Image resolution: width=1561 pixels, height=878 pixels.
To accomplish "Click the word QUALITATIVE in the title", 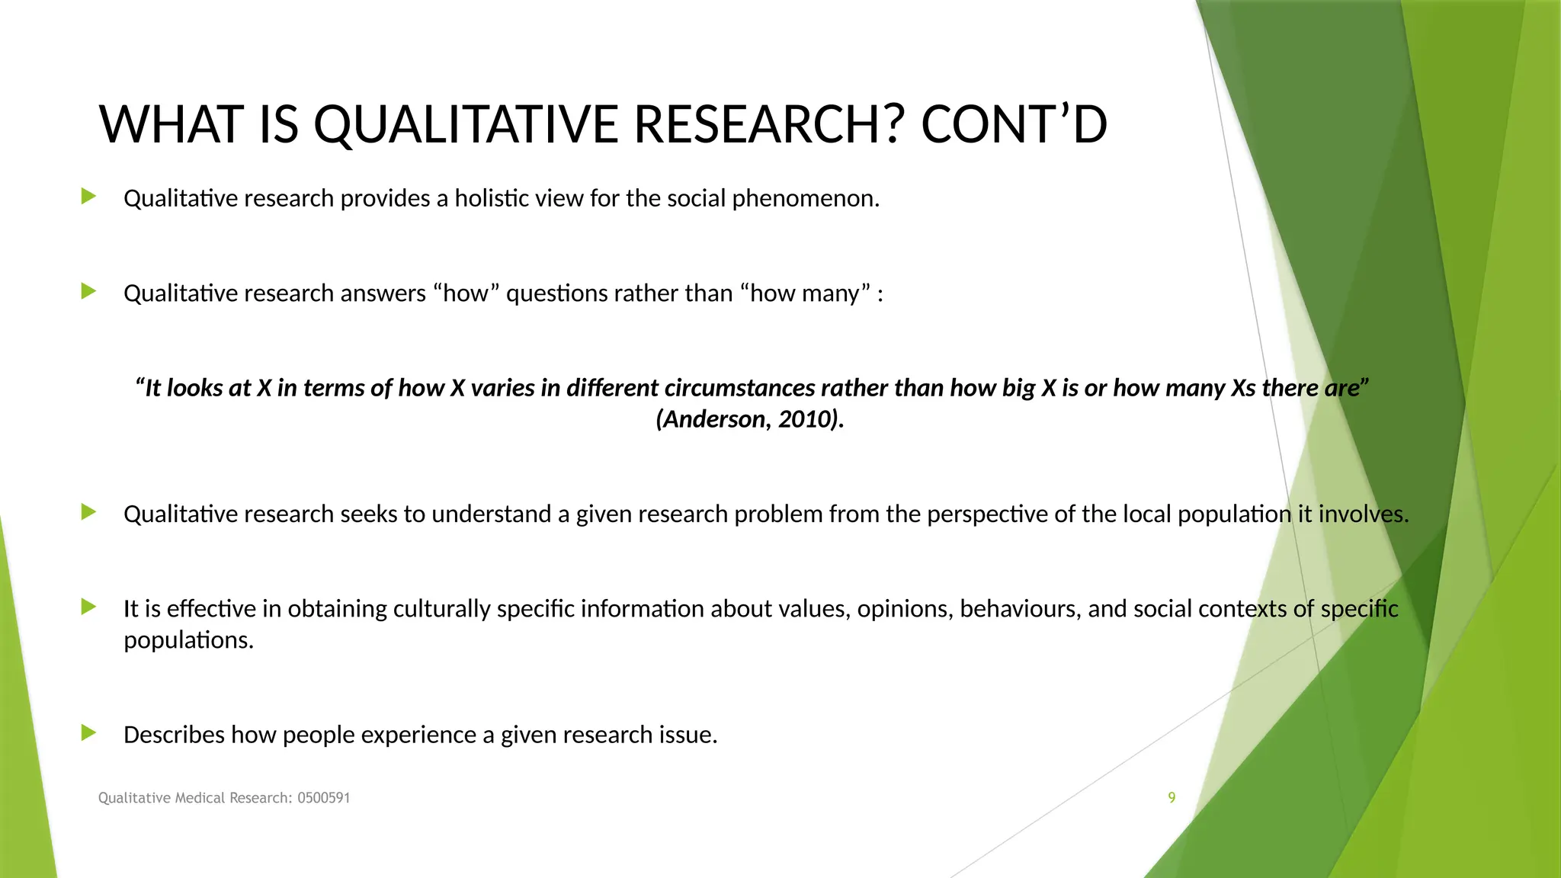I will point(465,125).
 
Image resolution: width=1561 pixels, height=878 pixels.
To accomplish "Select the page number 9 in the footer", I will point(1172,797).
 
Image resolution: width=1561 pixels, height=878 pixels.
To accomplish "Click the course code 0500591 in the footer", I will point(323,798).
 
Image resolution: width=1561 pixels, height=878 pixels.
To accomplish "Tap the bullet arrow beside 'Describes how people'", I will point(88,733).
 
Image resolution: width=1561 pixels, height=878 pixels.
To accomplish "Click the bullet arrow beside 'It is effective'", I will point(88,607).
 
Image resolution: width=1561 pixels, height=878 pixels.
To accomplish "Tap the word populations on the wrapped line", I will point(188,640).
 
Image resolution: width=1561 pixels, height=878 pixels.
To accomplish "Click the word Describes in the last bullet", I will point(174,735).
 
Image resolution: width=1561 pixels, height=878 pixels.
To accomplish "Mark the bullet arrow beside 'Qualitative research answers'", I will point(88,291).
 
